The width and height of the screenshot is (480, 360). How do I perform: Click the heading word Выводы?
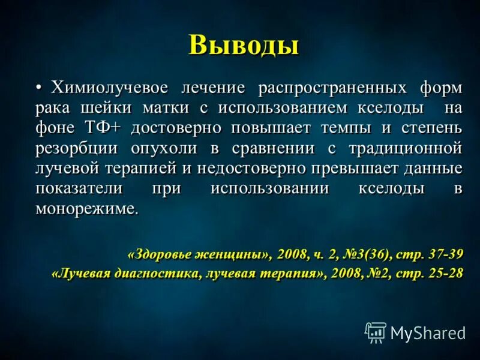coord(243,46)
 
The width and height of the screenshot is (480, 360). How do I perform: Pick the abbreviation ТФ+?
coord(107,128)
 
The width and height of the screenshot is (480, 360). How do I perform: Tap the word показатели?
coord(79,188)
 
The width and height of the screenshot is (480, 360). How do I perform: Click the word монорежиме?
coord(86,209)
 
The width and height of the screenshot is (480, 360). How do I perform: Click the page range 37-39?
coord(444,253)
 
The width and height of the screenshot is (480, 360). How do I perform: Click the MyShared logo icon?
coord(376,332)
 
